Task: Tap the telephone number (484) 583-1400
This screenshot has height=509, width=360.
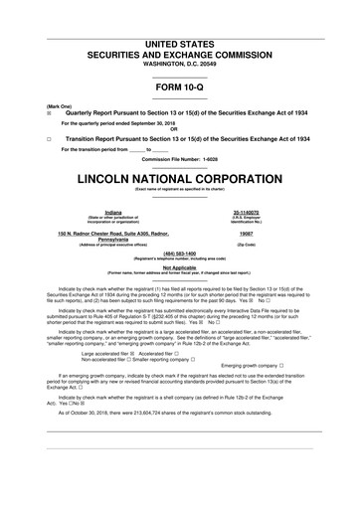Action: [179, 253]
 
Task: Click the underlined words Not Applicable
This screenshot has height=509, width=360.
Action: [179, 266]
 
